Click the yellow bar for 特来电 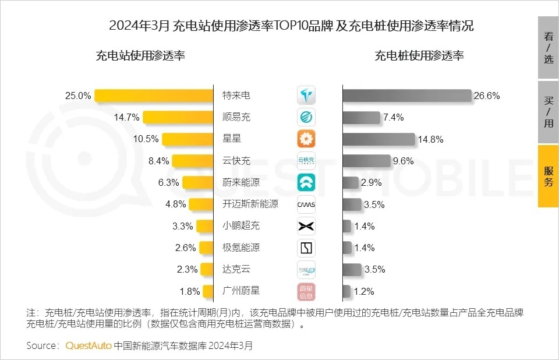[x=154, y=96]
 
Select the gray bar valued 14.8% [x=378, y=139]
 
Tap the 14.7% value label [x=126, y=117]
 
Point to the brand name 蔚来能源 [x=241, y=182]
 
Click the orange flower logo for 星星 [x=306, y=139]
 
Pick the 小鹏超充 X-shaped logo [x=306, y=226]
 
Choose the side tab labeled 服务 [x=548, y=176]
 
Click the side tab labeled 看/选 [x=548, y=48]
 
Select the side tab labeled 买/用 [x=548, y=112]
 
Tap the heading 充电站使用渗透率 [x=140, y=56]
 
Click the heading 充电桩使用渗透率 [x=419, y=56]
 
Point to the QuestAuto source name [x=89, y=345]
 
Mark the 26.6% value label [x=487, y=96]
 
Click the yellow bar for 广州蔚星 [x=207, y=291]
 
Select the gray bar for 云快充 [x=366, y=161]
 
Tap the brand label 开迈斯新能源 [x=250, y=204]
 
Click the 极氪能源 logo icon [x=306, y=248]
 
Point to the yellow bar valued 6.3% [x=198, y=182]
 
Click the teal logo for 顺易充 [x=306, y=117]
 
